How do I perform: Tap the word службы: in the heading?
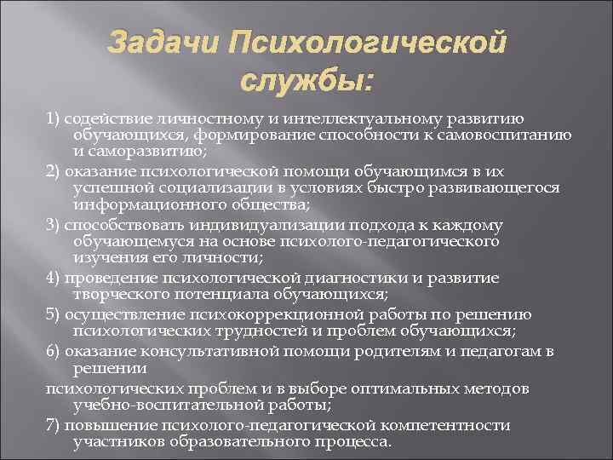[306, 82]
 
